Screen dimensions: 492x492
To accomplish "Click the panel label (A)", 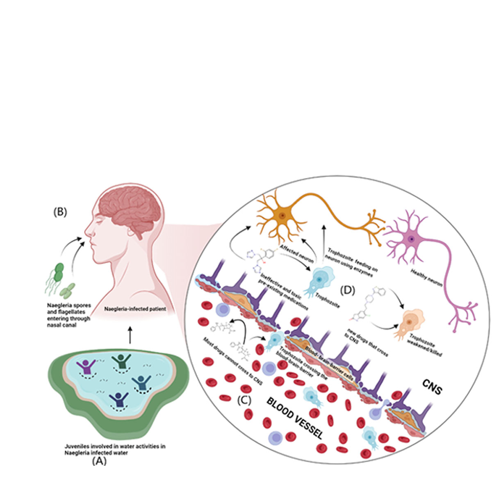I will [x=99, y=461].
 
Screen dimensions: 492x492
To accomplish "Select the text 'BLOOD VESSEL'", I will [x=295, y=418].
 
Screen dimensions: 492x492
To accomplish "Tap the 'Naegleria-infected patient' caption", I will [x=135, y=309].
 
